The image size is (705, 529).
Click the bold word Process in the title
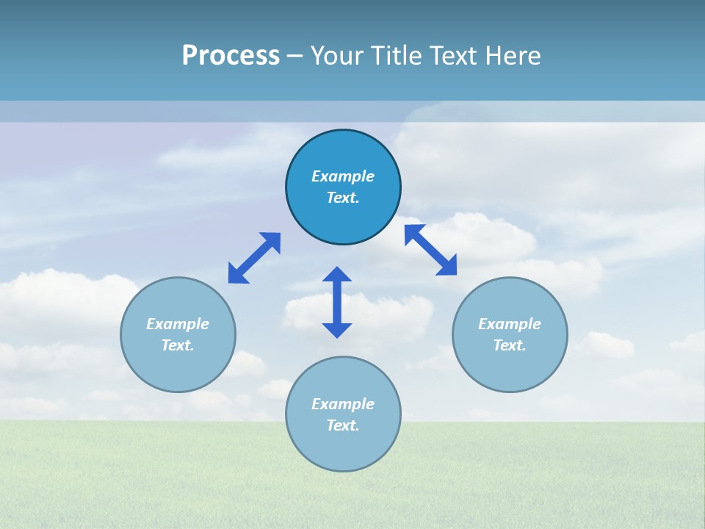(x=231, y=56)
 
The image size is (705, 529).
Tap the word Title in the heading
(x=395, y=56)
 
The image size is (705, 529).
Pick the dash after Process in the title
(x=295, y=57)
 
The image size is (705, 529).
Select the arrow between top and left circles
(x=254, y=258)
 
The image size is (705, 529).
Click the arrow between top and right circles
(x=430, y=250)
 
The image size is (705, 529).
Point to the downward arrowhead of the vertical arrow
(x=337, y=330)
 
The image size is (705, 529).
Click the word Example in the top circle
(x=343, y=176)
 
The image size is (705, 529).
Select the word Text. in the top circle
(x=343, y=198)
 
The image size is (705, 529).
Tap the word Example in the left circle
(x=178, y=324)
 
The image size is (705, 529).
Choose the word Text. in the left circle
(x=178, y=345)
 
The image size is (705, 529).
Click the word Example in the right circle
(x=510, y=324)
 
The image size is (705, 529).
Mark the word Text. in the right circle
(x=510, y=345)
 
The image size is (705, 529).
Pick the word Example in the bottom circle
(x=343, y=404)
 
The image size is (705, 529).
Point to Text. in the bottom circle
(x=343, y=425)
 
